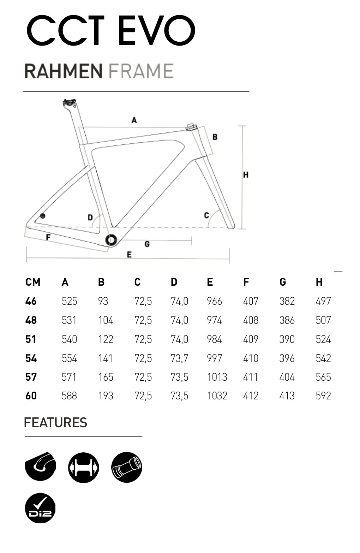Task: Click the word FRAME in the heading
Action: (x=141, y=71)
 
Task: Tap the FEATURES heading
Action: (x=55, y=423)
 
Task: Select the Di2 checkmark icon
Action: (x=40, y=508)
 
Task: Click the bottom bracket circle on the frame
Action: (x=111, y=240)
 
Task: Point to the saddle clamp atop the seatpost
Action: (x=70, y=103)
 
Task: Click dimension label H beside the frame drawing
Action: (x=246, y=175)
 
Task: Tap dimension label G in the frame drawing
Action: (x=147, y=244)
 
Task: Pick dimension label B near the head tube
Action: (x=215, y=137)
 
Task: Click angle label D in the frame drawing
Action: (x=90, y=218)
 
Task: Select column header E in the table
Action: (x=210, y=282)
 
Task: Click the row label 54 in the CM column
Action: (x=31, y=358)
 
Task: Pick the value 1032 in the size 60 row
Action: (x=217, y=396)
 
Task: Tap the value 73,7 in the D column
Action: (x=180, y=358)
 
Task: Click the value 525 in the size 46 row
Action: (x=69, y=301)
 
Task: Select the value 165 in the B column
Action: (x=106, y=377)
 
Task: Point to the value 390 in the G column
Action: (x=287, y=339)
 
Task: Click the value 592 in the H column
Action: (x=323, y=396)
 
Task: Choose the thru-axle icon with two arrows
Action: (x=83, y=467)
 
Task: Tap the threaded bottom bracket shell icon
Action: (x=126, y=467)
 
